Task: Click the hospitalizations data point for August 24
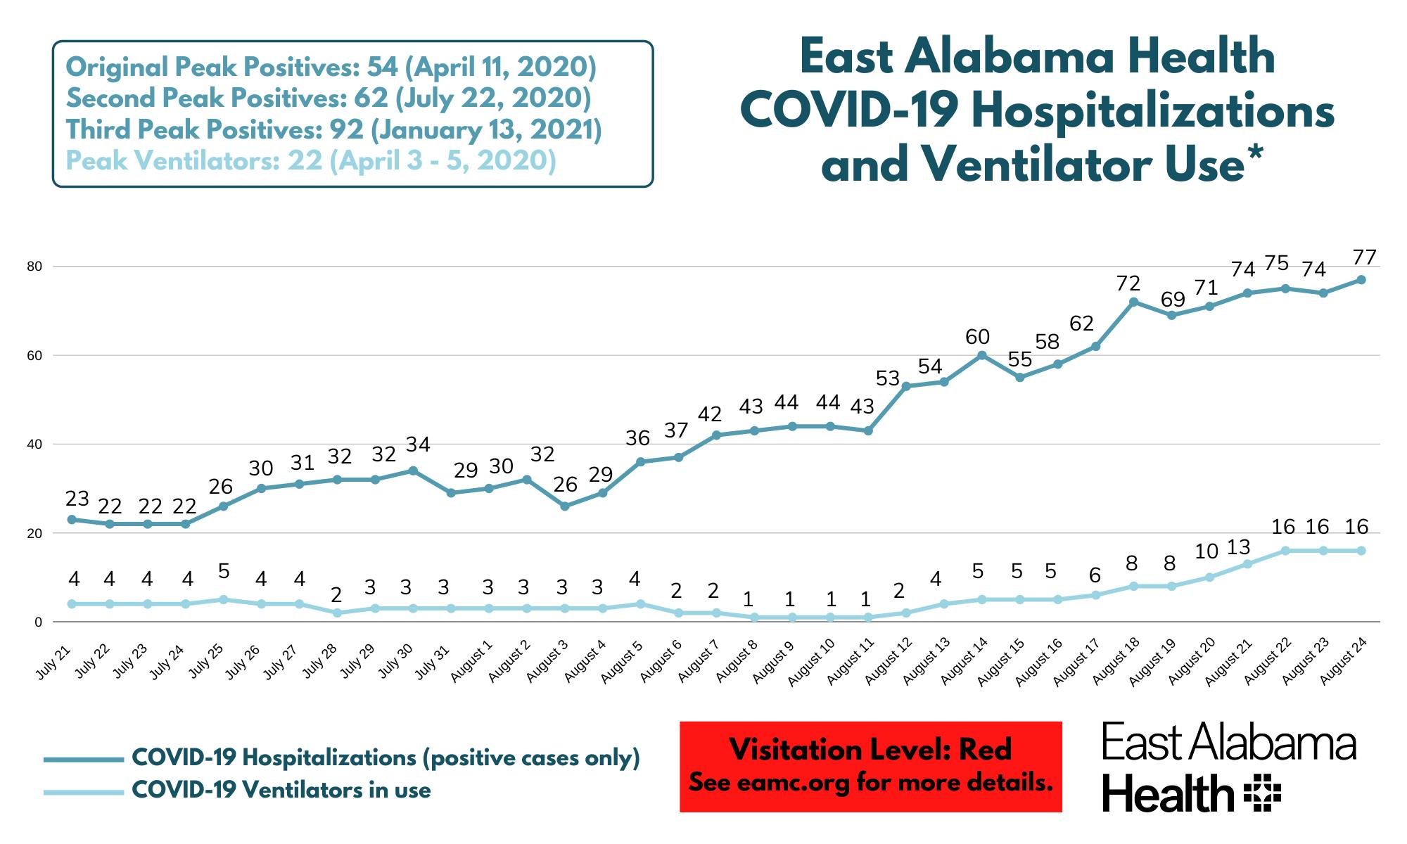point(1361,279)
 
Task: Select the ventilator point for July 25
point(224,599)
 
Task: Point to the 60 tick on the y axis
point(36,355)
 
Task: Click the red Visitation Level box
point(870,767)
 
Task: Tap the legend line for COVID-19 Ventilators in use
point(83,792)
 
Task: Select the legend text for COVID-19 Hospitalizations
point(386,757)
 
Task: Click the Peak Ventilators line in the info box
point(310,161)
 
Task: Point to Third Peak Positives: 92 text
point(333,129)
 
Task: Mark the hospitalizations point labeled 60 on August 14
point(982,355)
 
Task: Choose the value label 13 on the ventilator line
point(1238,546)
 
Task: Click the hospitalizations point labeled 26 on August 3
point(565,506)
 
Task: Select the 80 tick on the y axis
point(36,267)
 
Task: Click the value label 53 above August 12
point(888,378)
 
